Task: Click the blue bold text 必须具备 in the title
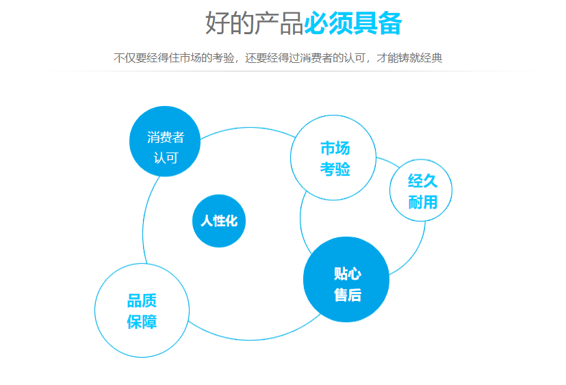(x=352, y=23)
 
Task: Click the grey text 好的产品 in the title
(x=254, y=23)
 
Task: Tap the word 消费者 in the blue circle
(x=166, y=137)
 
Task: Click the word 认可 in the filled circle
(x=166, y=158)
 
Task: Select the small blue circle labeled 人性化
(x=219, y=221)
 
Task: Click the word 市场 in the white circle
(x=335, y=148)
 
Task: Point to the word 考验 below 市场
(x=335, y=169)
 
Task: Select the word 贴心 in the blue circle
(x=348, y=274)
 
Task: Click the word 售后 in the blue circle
(x=348, y=295)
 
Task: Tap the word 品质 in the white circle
(x=142, y=301)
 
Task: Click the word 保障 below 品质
(x=142, y=322)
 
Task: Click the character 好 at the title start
(x=217, y=23)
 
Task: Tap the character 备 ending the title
(x=389, y=23)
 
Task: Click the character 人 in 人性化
(x=206, y=221)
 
